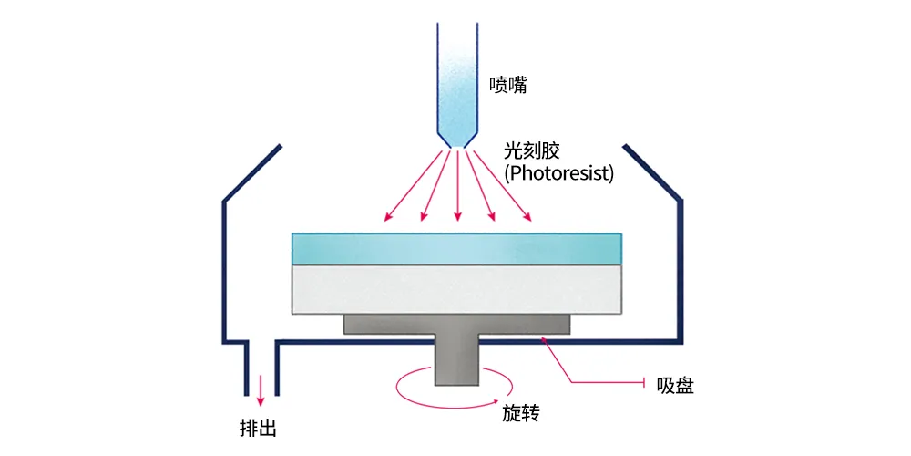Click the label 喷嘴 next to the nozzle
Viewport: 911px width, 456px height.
click(508, 86)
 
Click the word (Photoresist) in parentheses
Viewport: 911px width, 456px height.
click(558, 172)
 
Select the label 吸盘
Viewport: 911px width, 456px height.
click(675, 386)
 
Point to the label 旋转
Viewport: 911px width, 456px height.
click(521, 413)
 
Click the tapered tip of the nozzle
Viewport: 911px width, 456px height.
click(456, 137)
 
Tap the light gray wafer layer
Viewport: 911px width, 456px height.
click(456, 288)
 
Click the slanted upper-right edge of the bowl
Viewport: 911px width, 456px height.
click(652, 171)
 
